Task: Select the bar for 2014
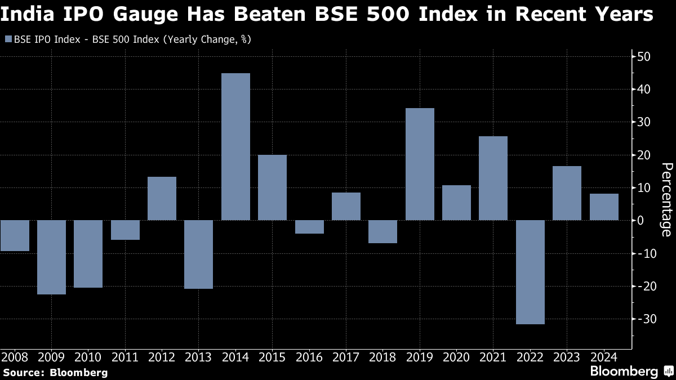pyautogui.click(x=235, y=146)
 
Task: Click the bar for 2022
pyautogui.click(x=530, y=272)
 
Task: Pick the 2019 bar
pyautogui.click(x=420, y=164)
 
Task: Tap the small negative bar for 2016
pyautogui.click(x=309, y=226)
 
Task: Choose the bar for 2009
pyautogui.click(x=51, y=257)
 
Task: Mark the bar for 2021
pyautogui.click(x=493, y=178)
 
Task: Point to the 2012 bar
pyautogui.click(x=162, y=198)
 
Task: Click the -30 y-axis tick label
pyautogui.click(x=642, y=319)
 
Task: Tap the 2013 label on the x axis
pyautogui.click(x=198, y=357)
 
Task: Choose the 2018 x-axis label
pyautogui.click(x=383, y=357)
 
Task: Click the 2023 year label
pyautogui.click(x=567, y=357)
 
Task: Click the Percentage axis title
pyautogui.click(x=666, y=199)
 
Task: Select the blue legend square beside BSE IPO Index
pyautogui.click(x=8, y=39)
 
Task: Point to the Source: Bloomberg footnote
pyautogui.click(x=55, y=372)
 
